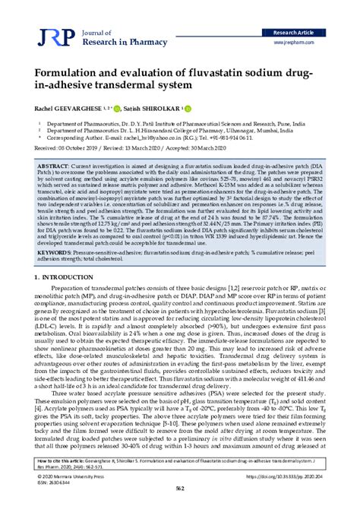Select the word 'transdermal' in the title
point(149,85)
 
